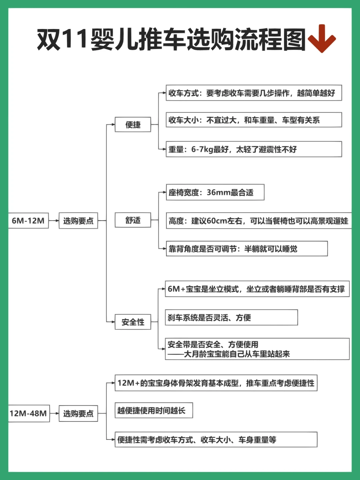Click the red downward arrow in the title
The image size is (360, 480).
321,38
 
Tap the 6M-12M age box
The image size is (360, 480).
28,220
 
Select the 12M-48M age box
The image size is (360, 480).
29,414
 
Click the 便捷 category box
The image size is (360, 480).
133,124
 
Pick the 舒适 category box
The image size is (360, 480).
133,220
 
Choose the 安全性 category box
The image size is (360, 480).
133,322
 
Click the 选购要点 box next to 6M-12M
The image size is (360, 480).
78,220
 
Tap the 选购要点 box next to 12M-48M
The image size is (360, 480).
78,414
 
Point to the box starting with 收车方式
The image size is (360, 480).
254,93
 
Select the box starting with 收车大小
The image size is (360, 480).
254,120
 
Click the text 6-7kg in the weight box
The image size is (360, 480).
202,149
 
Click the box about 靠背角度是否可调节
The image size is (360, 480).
247,249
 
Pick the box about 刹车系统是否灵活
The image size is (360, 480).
231,318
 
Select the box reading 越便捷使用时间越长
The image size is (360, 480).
154,411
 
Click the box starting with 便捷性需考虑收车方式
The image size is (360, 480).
216,440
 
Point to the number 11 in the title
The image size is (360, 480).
75,39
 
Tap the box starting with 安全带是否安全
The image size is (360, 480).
257,349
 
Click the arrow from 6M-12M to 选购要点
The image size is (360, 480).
54,220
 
